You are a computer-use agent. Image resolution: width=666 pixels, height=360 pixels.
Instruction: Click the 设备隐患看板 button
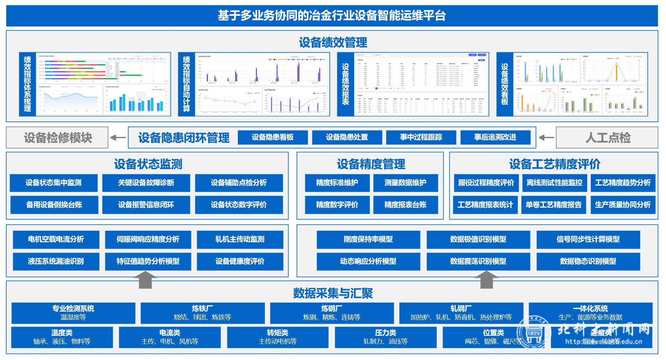coord(273,137)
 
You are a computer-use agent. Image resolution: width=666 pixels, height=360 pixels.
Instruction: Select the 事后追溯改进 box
coord(495,137)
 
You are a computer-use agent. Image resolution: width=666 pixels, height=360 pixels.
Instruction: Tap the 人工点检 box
coord(607,138)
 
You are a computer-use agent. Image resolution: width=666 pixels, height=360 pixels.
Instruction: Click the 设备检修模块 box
coord(57,138)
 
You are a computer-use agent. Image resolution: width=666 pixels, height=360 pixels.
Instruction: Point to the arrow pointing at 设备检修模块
coord(118,138)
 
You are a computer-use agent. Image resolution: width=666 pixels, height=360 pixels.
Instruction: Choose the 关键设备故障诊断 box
coord(146,183)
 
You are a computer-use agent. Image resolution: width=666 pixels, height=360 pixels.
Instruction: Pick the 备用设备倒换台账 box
coord(54,205)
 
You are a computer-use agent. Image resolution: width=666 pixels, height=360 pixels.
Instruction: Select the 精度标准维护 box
coord(337,183)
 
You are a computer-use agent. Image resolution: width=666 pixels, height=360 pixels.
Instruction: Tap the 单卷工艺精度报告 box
coord(554,205)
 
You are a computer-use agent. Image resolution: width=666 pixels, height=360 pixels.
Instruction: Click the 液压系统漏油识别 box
coord(56,261)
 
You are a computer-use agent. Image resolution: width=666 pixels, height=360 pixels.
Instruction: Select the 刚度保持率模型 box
coord(368,239)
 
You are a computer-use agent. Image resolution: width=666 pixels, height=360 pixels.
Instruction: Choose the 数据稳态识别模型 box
coord(588,261)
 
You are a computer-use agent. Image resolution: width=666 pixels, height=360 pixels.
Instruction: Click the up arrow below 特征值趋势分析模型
coord(146,280)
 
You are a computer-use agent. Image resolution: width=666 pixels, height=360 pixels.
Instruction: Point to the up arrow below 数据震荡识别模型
coord(486,280)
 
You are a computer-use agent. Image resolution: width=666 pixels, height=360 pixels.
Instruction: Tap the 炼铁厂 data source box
coord(202,313)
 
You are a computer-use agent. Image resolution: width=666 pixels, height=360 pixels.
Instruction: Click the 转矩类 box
coord(277,337)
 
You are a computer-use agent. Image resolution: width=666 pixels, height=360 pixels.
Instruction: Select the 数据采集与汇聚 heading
coord(333,293)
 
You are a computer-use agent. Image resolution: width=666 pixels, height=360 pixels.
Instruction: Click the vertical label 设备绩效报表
coord(345,84)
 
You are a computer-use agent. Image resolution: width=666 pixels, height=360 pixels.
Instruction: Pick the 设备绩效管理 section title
coord(333,43)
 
